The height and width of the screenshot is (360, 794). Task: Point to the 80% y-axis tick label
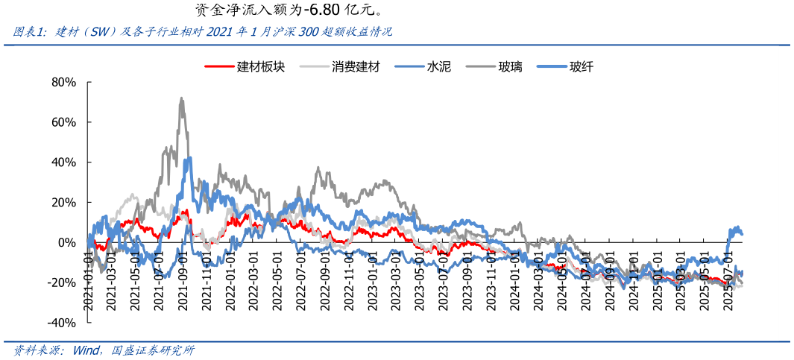(x=63, y=82)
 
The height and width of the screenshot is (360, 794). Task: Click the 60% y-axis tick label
(x=63, y=122)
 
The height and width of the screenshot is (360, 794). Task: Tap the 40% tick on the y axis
(x=63, y=162)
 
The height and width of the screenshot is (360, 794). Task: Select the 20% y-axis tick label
(x=63, y=203)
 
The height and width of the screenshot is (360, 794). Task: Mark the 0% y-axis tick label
(x=67, y=243)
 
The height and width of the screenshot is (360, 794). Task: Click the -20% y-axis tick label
(x=62, y=283)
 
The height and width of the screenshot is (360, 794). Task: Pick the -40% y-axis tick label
(x=62, y=323)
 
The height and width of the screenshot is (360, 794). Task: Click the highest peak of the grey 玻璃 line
(x=181, y=98)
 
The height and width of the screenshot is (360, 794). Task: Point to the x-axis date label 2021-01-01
(x=89, y=279)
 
